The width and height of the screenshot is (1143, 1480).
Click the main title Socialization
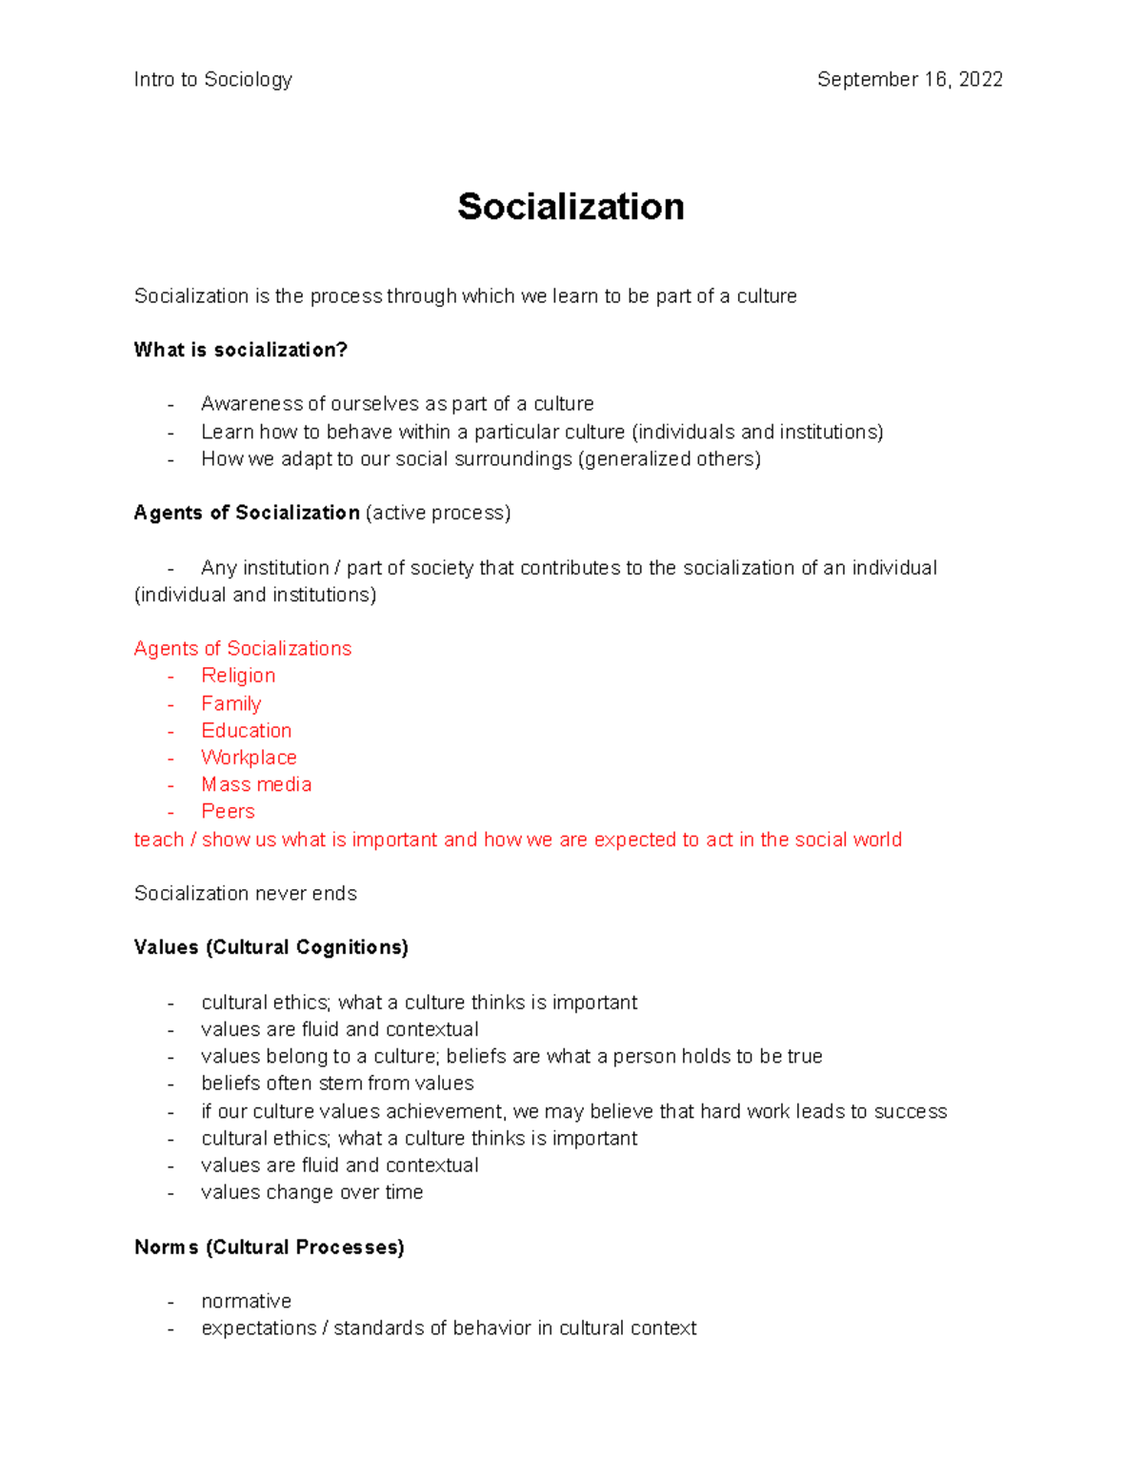coord(571,207)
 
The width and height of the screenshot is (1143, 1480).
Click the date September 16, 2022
coord(910,80)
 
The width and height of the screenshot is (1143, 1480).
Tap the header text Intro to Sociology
coord(212,80)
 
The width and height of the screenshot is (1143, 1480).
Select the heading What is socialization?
coord(241,350)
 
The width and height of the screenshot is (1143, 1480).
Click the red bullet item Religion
coord(238,676)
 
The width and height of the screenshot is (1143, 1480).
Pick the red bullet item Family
coord(231,703)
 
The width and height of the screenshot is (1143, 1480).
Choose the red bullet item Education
coord(246,731)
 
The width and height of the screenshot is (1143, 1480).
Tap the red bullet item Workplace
coord(249,758)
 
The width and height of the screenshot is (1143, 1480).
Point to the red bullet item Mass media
coord(256,784)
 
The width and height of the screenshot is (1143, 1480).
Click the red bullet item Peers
coord(228,812)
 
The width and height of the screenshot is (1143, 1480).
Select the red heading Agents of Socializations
coord(242,649)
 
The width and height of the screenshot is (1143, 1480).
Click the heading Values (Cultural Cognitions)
coord(271,947)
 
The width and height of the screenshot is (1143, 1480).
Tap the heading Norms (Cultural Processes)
coord(269,1247)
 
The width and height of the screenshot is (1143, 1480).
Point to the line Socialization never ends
coord(245,894)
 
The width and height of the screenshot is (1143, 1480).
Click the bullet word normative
coord(246,1302)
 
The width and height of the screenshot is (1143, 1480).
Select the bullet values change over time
coord(311,1192)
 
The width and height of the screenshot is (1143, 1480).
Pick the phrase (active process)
coord(438,513)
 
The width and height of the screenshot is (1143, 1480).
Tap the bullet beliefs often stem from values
coord(337,1084)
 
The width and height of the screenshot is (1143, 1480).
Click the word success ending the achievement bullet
coord(910,1111)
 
